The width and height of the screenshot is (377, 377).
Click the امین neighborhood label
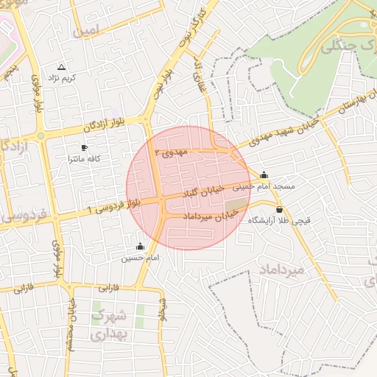(85, 31)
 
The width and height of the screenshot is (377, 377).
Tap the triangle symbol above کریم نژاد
(61, 66)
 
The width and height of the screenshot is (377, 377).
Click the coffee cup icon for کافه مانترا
(84, 147)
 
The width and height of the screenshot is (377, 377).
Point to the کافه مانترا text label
(84, 158)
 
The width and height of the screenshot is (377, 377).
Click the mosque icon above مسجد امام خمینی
(264, 175)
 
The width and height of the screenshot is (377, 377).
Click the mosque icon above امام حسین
(141, 246)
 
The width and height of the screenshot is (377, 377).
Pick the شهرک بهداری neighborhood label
(109, 325)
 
